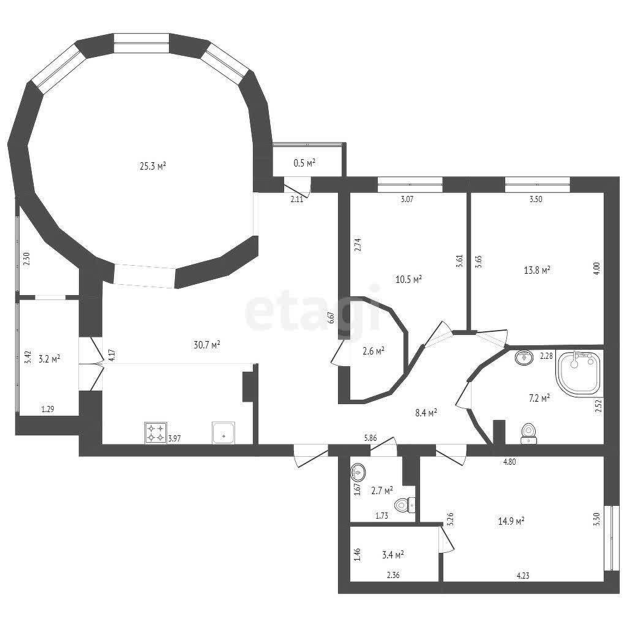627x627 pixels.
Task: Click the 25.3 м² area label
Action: tap(152, 166)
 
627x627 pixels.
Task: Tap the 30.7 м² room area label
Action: tap(207, 344)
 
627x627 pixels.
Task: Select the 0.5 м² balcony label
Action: tap(304, 163)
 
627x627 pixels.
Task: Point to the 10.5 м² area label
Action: tap(408, 279)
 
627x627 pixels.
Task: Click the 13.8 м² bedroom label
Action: tap(537, 270)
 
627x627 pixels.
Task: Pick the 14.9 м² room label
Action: tap(511, 521)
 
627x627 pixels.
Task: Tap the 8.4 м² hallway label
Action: tap(426, 413)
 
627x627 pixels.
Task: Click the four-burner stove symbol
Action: tap(156, 433)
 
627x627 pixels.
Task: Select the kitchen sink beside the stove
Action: tap(224, 433)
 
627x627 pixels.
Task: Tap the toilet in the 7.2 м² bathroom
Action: tap(528, 434)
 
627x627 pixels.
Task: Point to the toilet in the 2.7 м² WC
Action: tap(405, 505)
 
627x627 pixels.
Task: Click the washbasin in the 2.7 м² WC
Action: tap(358, 472)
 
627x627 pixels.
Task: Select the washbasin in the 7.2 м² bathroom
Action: tap(524, 357)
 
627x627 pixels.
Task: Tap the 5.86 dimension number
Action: tap(370, 438)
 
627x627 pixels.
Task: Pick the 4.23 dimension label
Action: tap(523, 576)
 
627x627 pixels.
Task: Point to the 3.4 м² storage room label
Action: tap(392, 555)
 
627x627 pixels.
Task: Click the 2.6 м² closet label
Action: tap(374, 351)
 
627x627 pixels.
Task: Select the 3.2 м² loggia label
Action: tap(49, 358)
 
